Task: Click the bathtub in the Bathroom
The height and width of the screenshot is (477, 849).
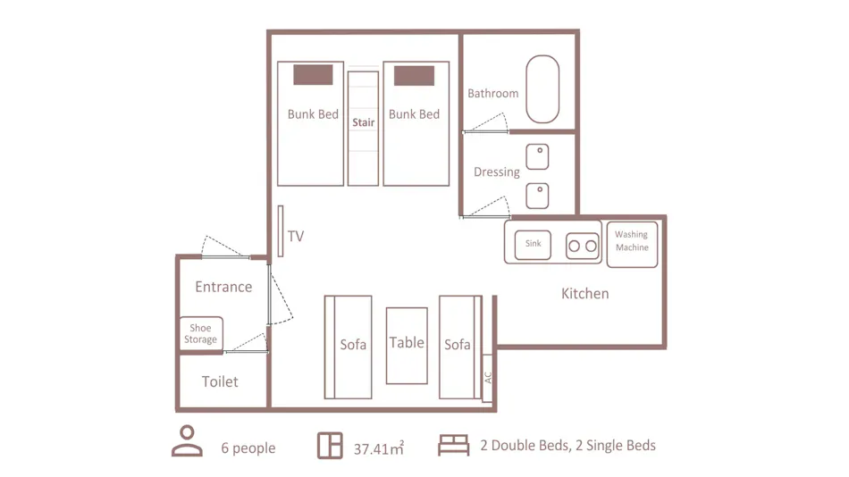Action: point(542,89)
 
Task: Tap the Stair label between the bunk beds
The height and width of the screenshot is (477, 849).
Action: point(364,122)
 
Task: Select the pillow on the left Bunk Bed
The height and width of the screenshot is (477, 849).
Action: point(313,75)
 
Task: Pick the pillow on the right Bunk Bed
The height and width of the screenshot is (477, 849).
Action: point(414,76)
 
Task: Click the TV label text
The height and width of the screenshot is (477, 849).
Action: point(296,236)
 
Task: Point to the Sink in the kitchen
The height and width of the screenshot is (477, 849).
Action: point(533,245)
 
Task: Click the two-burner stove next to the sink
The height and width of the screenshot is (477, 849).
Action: point(583,246)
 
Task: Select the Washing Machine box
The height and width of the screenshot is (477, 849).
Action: point(633,244)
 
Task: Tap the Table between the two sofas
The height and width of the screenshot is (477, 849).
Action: point(407,346)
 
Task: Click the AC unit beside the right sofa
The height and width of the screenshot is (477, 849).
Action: point(487,378)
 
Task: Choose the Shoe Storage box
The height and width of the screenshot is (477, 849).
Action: point(201,333)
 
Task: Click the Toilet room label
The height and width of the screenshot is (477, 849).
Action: point(220,381)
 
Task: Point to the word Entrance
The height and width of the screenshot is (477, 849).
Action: point(223,287)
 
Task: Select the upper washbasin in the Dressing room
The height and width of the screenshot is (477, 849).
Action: point(537,156)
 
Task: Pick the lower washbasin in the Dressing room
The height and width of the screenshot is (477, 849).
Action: point(537,196)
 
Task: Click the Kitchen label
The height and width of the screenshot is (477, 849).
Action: point(584,294)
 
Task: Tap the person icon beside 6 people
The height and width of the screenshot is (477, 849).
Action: point(188,441)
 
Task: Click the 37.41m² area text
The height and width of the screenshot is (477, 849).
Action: point(379,448)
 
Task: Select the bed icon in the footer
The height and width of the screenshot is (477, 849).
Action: point(454,445)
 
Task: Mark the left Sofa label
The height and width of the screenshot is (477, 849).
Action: point(353,344)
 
